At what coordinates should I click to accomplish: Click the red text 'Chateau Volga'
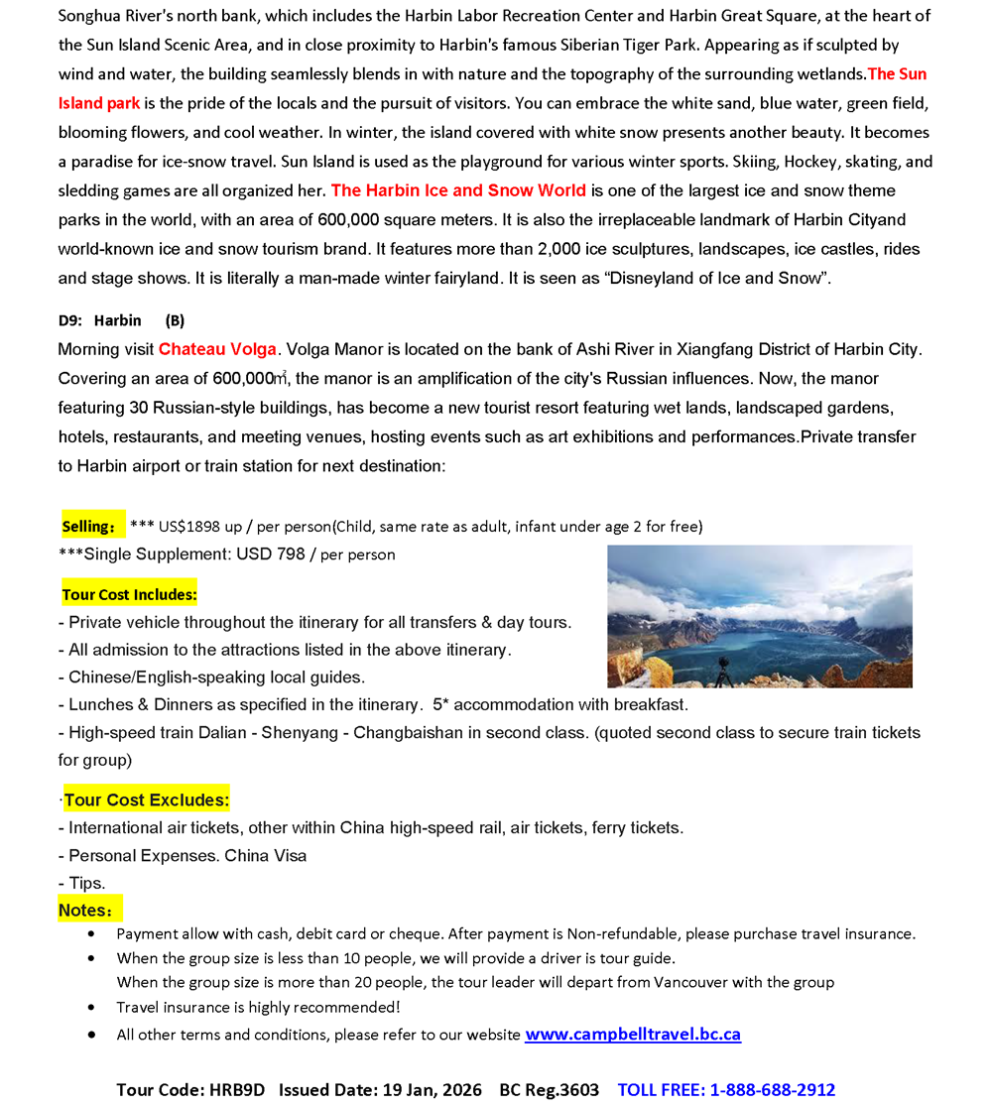click(x=217, y=349)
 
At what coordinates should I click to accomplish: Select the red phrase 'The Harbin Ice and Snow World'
click(x=458, y=190)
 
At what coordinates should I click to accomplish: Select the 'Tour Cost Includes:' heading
click(x=129, y=595)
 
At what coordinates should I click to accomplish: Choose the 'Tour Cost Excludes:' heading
click(x=147, y=799)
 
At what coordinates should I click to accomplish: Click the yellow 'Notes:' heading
click(x=88, y=910)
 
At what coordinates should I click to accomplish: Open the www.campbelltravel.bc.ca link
click(x=633, y=1035)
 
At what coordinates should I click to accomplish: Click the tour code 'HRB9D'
click(x=237, y=1090)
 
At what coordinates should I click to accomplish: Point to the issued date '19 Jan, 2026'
click(x=432, y=1090)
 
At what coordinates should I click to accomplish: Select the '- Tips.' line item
click(x=82, y=883)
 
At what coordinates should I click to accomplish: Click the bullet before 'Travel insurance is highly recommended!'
click(x=92, y=1008)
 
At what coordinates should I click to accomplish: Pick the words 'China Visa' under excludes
click(x=266, y=855)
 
